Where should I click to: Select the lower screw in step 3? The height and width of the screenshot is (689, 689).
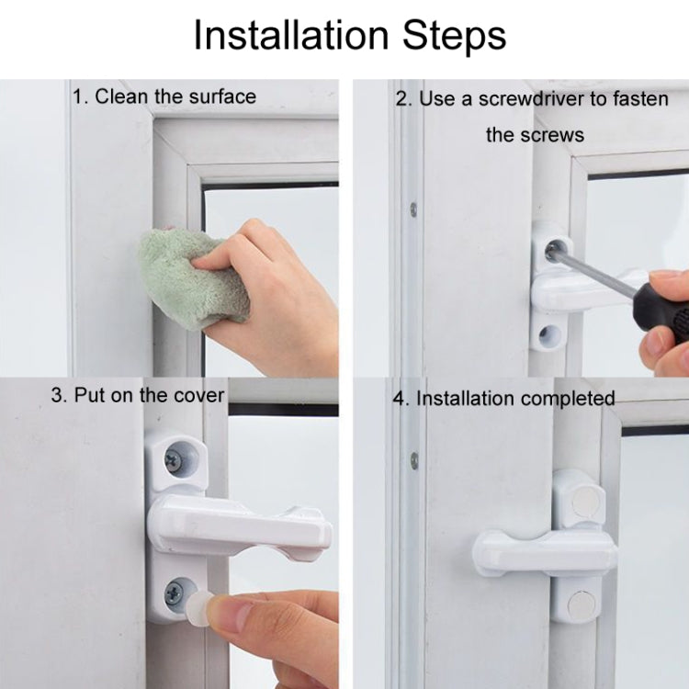pos(174,594)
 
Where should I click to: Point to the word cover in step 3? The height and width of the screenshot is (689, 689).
pos(197,395)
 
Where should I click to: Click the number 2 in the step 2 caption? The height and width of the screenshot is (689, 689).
pos(401,98)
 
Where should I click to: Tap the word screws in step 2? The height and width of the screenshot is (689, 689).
pos(548,135)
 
